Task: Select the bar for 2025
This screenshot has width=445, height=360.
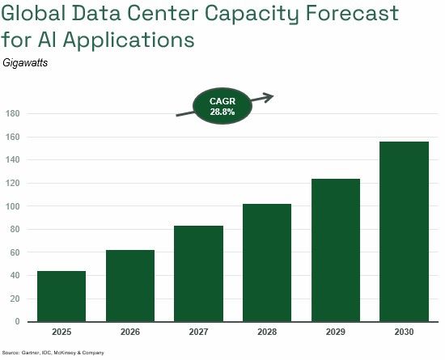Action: click(61, 296)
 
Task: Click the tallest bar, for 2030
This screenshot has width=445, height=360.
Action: click(405, 231)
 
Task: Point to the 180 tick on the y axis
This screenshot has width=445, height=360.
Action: click(12, 113)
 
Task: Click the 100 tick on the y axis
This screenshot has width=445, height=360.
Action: click(12, 206)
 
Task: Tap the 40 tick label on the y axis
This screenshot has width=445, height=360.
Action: click(14, 275)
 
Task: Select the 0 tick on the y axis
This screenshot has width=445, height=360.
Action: click(16, 322)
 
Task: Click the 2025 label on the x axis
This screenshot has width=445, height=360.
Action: click(61, 332)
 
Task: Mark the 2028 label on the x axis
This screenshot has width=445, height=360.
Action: click(267, 332)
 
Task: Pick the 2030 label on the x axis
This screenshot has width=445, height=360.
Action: click(405, 332)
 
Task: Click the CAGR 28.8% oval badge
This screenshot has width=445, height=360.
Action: click(222, 107)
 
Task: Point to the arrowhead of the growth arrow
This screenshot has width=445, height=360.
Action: click(270, 97)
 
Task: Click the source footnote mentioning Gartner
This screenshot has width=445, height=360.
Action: click(53, 354)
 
